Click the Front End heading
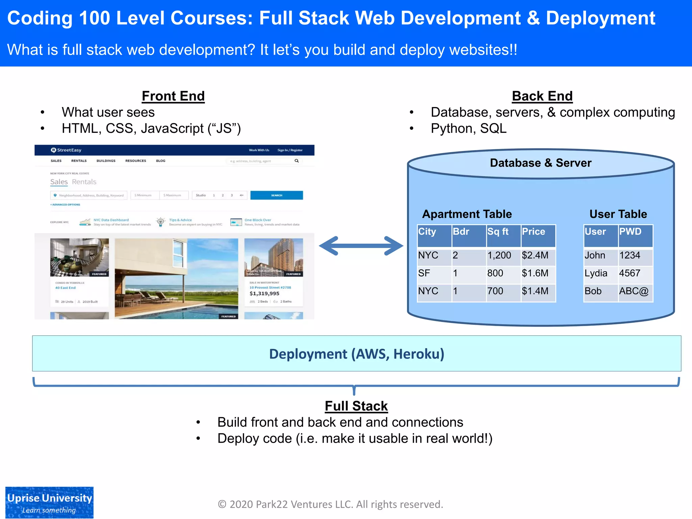pyautogui.click(x=173, y=96)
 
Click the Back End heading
pyautogui.click(x=542, y=96)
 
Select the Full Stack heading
pyautogui.click(x=356, y=406)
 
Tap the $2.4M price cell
pyautogui.click(x=535, y=255)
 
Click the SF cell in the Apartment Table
pyautogui.click(x=424, y=273)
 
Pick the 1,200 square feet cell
pyautogui.click(x=499, y=255)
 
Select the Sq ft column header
pyautogui.click(x=498, y=232)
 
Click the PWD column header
pyautogui.click(x=631, y=232)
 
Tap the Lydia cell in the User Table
pyautogui.click(x=596, y=273)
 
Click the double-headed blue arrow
pyautogui.click(x=361, y=246)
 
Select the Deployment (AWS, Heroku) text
pyautogui.click(x=356, y=354)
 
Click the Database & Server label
pyautogui.click(x=541, y=163)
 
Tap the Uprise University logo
pyautogui.click(x=49, y=502)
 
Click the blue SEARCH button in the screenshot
pyautogui.click(x=276, y=195)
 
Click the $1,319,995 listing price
pyautogui.click(x=265, y=294)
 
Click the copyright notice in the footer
pyautogui.click(x=330, y=504)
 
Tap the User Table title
pyautogui.click(x=618, y=214)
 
